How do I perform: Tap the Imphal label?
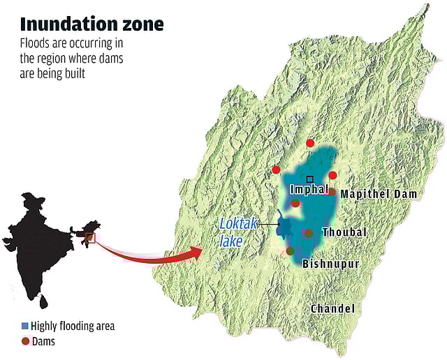tap(309, 190)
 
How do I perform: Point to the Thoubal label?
tap(344, 232)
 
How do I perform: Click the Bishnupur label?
tap(330, 264)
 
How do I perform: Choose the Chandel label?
tap(332, 308)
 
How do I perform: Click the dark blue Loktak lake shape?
tap(284, 227)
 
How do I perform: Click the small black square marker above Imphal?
tap(309, 179)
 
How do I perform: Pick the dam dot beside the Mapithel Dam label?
tap(332, 193)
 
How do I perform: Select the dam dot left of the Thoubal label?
tap(309, 233)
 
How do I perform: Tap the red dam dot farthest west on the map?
tap(277, 170)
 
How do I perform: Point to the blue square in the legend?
tap(26, 326)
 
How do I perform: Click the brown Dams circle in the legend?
tap(26, 341)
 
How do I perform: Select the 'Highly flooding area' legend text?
tap(73, 326)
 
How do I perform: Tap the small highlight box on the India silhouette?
tap(90, 238)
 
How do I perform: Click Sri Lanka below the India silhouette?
tap(43, 302)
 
